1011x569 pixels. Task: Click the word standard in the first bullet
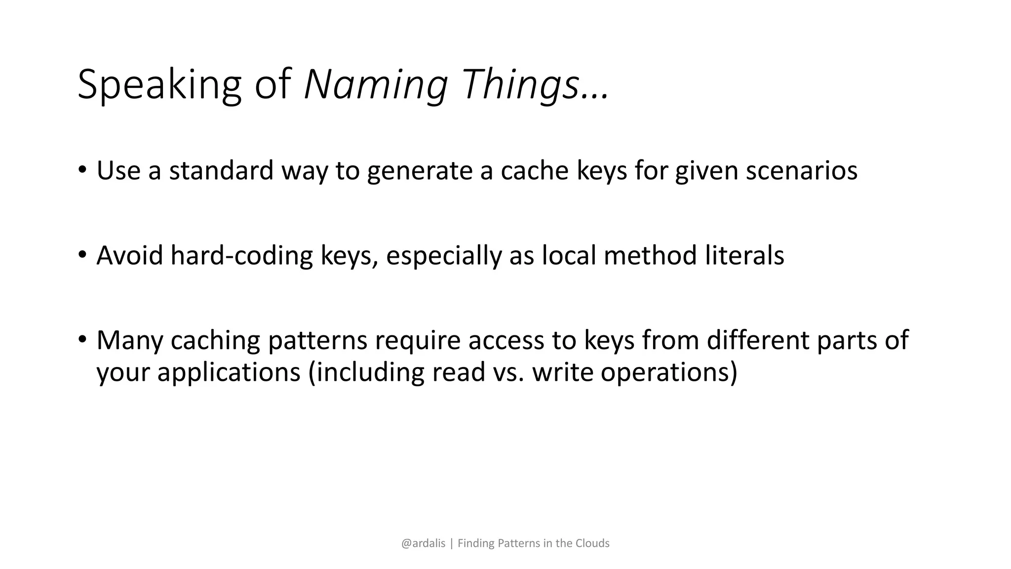click(221, 170)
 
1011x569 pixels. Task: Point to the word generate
click(420, 171)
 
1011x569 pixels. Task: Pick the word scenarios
click(801, 170)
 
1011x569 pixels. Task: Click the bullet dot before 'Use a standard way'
click(82, 170)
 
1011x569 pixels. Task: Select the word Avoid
click(129, 255)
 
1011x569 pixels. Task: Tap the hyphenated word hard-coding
click(241, 256)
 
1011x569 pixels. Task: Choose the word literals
click(744, 255)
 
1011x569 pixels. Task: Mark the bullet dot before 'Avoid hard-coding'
click(82, 255)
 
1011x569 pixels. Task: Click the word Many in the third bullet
click(129, 341)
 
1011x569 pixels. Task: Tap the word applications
click(229, 372)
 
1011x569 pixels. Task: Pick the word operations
click(668, 372)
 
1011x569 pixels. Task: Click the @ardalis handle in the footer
click(423, 543)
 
